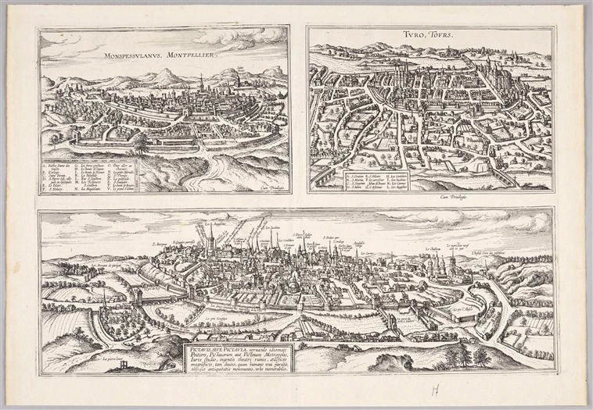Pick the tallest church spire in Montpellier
click(x=201, y=83)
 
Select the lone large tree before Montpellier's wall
click(x=141, y=144)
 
